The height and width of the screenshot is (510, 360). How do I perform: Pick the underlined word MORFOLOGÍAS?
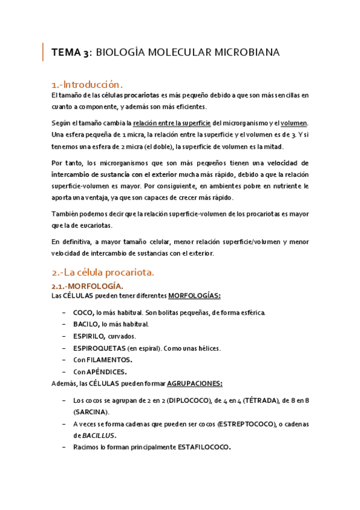pos(194,295)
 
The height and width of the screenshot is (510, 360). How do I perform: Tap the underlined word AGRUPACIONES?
pos(195,383)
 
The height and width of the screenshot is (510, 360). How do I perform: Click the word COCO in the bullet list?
pos(83,313)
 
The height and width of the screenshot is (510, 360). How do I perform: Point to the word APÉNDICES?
pos(106,372)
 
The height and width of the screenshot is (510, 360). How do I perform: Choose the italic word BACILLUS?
pos(97,435)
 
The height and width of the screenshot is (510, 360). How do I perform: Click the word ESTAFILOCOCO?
pos(204,447)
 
